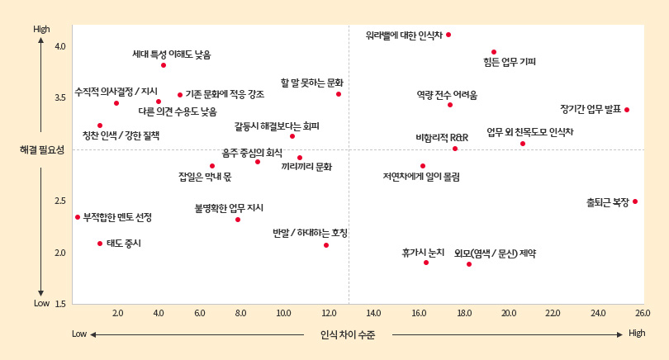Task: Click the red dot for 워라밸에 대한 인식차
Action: [x=448, y=35]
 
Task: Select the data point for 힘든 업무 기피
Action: [x=494, y=52]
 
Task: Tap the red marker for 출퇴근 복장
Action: [x=635, y=201]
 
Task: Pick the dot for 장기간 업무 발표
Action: [x=627, y=110]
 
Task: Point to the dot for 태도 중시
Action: [x=100, y=244]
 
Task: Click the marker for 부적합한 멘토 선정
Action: [x=78, y=217]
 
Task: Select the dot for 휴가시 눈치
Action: [x=426, y=263]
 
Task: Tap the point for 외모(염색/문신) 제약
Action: [x=469, y=264]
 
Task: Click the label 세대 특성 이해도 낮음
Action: [x=172, y=54]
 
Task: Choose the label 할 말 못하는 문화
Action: [x=312, y=83]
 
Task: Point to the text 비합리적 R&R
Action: [x=442, y=137]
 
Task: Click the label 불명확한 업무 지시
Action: [x=229, y=208]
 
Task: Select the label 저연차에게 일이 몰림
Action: [x=421, y=177]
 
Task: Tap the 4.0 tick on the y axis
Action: [x=59, y=46]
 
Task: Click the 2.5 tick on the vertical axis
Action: [x=59, y=201]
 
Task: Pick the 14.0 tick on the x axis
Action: [x=373, y=314]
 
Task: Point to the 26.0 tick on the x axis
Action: [x=643, y=314]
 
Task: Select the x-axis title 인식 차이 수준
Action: [x=347, y=334]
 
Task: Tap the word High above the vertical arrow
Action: [x=41, y=30]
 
